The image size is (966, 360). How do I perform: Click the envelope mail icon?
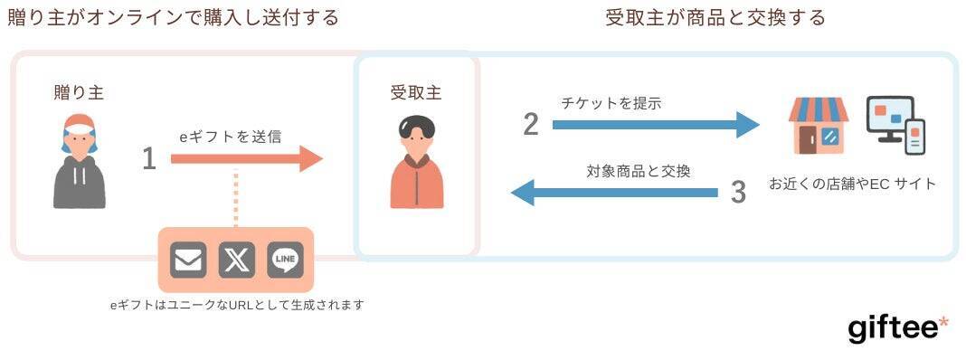tap(188, 261)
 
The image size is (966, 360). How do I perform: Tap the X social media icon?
tap(237, 261)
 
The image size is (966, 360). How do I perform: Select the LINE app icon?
tap(285, 261)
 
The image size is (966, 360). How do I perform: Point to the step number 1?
tap(149, 160)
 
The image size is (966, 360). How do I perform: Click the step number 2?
tap(531, 124)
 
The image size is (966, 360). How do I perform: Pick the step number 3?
tap(738, 192)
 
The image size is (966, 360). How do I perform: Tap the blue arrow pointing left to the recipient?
tap(615, 192)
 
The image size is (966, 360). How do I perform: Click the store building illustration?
tap(818, 126)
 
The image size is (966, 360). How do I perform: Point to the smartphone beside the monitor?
tap(914, 137)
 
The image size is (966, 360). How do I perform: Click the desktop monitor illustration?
tap(891, 118)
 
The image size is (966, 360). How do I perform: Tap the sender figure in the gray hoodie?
tap(80, 163)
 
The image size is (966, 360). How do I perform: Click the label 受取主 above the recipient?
tap(416, 92)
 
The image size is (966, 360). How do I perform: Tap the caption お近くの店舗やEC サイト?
tap(852, 184)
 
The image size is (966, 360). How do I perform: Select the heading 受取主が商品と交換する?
tap(715, 17)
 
